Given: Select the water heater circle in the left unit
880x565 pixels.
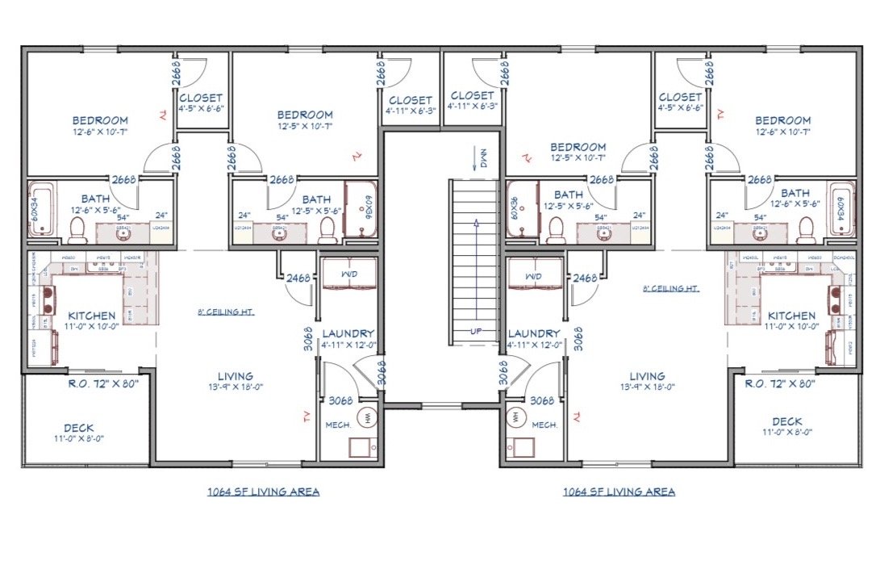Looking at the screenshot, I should click(369, 417).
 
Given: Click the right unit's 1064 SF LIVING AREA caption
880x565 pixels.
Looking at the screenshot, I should click(619, 492).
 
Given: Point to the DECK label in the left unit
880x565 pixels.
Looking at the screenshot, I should click(79, 428).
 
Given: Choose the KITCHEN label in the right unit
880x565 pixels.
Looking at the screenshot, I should click(791, 316).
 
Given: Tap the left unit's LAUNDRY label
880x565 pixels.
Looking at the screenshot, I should click(348, 333).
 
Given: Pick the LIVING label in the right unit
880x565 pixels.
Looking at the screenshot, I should click(647, 376).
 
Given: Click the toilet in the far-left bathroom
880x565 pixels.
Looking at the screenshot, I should click(77, 230).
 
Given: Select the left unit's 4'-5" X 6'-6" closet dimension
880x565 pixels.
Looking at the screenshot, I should click(200, 108).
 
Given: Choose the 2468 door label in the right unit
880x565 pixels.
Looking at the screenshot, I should click(585, 278).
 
